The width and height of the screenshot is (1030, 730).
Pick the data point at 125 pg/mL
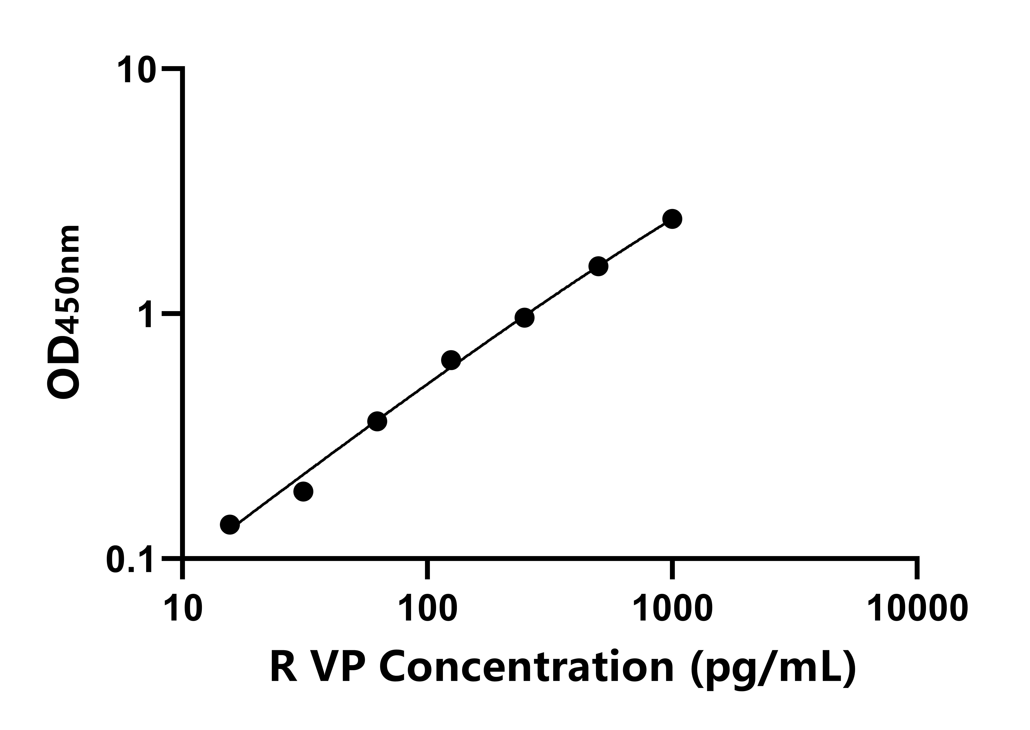(x=451, y=360)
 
